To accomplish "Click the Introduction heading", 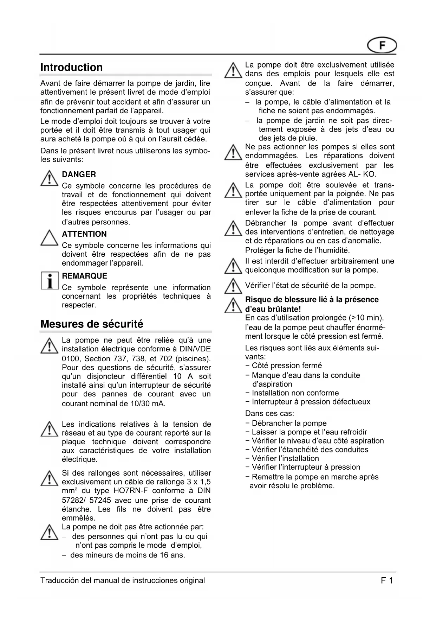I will pyautogui.click(x=72, y=67).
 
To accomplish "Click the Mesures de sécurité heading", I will pyautogui.click(x=92, y=324).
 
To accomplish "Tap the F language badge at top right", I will pyautogui.click(x=382, y=46).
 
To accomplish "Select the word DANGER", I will pyautogui.click(x=79, y=174).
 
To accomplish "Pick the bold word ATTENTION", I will pyautogui.click(x=84, y=234).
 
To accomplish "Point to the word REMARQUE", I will pyautogui.click(x=84, y=276).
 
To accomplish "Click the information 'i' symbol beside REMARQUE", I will pyautogui.click(x=49, y=281).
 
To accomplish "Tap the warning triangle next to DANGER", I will pyautogui.click(x=49, y=179).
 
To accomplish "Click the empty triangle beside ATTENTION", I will pyautogui.click(x=49, y=238).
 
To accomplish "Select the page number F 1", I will pyautogui.click(x=387, y=580).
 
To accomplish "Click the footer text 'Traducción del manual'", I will pyautogui.click(x=122, y=580).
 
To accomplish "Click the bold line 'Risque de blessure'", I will pyautogui.click(x=312, y=300).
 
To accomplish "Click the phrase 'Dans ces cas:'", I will pyautogui.click(x=269, y=413).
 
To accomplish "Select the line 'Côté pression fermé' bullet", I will pyautogui.click(x=287, y=365).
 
